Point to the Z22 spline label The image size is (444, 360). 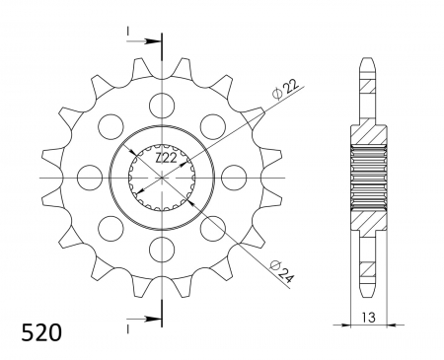click(165, 158)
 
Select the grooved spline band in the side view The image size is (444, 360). click(366, 179)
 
